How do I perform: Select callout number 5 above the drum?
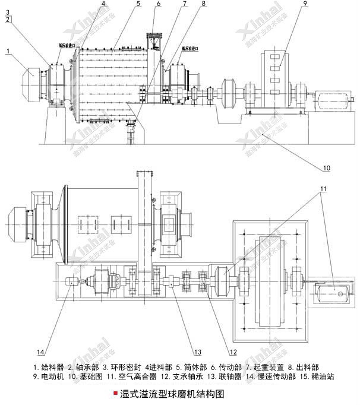(138, 4)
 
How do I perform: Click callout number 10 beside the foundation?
(326, 168)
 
